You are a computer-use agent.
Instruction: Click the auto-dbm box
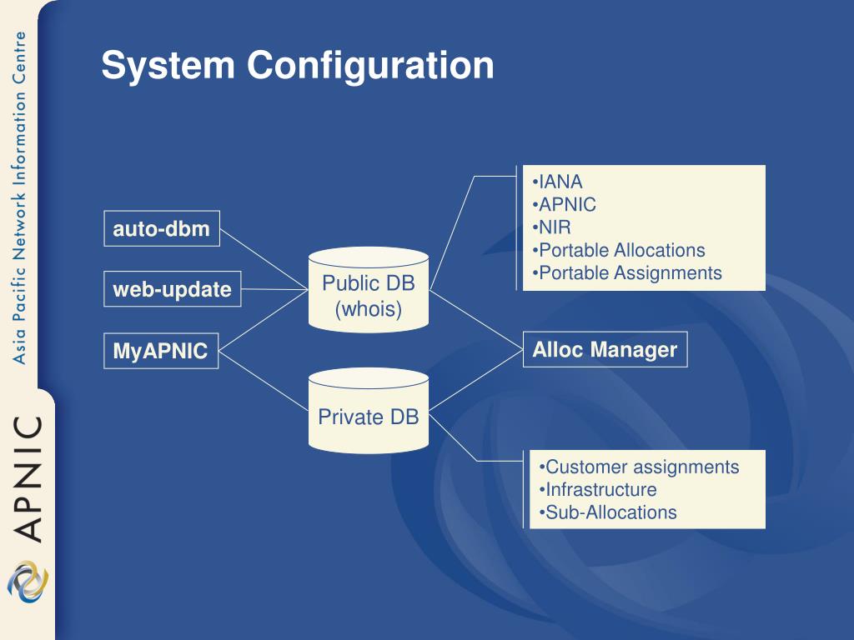click(162, 228)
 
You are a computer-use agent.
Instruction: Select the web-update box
click(172, 289)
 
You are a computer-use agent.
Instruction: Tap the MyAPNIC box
click(161, 351)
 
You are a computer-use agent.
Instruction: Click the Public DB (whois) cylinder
click(369, 289)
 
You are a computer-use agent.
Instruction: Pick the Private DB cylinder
click(369, 411)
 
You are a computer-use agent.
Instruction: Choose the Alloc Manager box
click(605, 349)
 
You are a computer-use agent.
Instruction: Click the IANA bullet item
click(557, 182)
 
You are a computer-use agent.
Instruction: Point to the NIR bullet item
click(552, 227)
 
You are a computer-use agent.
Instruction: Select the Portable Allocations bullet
click(619, 250)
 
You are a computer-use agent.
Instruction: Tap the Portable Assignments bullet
click(627, 273)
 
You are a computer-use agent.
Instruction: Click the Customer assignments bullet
click(639, 467)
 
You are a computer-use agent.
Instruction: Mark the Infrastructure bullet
click(597, 490)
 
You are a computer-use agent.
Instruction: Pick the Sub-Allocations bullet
click(608, 512)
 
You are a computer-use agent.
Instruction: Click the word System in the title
click(168, 66)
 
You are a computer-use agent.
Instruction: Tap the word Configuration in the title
click(370, 66)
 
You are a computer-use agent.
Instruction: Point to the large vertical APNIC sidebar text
click(28, 479)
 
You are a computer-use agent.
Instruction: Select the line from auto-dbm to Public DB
click(264, 260)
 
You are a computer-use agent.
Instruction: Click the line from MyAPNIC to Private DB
click(264, 381)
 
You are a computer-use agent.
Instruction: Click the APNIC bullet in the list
click(565, 205)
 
